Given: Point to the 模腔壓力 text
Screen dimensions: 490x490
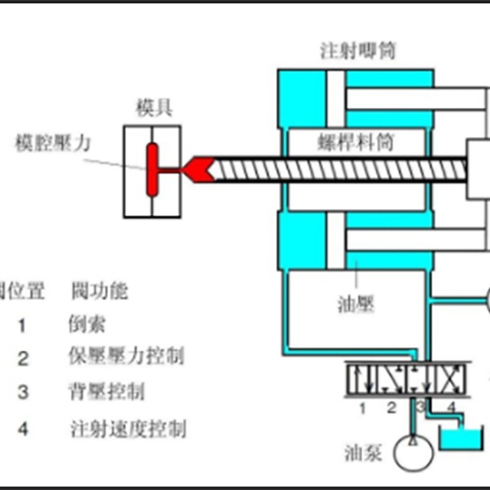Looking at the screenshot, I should [x=50, y=142].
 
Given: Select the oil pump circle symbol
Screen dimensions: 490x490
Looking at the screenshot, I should [x=413, y=452].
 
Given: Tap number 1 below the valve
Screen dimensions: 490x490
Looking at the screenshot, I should [x=363, y=407].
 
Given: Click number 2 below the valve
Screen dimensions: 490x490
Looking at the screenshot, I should [x=390, y=407].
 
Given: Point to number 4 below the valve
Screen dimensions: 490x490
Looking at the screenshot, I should [x=451, y=407].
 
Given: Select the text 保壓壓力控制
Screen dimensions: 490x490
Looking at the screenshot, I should [x=126, y=357].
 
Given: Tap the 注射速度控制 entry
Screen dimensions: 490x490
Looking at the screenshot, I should [x=128, y=428].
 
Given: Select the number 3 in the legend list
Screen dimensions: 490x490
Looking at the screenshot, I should [x=23, y=393].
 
